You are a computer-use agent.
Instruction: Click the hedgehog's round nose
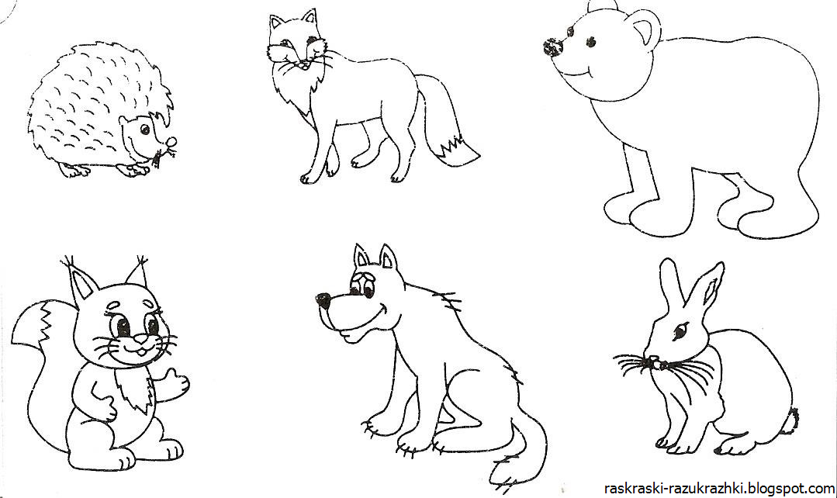(x=172, y=142)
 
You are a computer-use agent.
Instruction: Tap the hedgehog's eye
(x=144, y=130)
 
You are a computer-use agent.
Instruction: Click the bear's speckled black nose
(x=554, y=47)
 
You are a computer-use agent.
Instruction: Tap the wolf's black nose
(x=323, y=300)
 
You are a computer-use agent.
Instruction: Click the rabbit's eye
(x=681, y=331)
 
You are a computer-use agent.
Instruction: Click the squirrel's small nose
(x=140, y=338)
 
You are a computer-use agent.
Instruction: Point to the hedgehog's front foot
(x=132, y=171)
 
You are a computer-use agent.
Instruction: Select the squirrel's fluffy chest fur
(x=134, y=389)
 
